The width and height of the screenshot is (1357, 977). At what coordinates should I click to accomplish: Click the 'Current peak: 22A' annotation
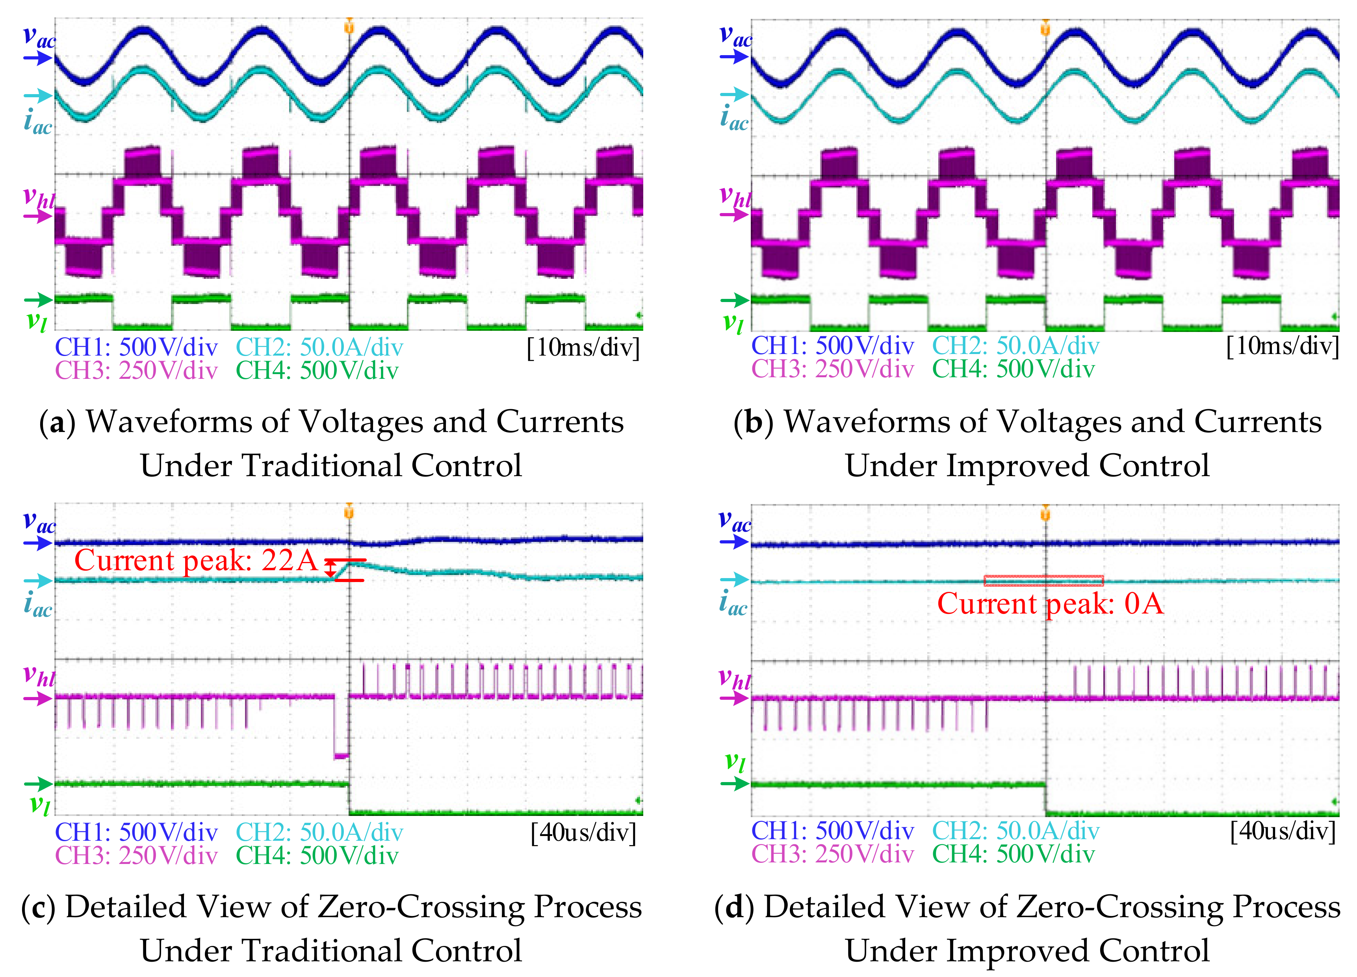(x=196, y=561)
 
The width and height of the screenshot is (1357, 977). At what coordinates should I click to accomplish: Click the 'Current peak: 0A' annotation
(x=1050, y=603)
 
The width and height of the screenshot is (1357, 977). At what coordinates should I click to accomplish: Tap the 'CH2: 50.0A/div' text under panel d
(x=1015, y=831)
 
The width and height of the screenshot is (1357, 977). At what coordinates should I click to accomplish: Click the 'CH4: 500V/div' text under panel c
(x=317, y=856)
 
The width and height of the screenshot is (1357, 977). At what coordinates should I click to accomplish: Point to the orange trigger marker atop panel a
(x=349, y=26)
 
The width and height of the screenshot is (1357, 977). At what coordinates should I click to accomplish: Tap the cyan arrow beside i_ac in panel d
(x=733, y=579)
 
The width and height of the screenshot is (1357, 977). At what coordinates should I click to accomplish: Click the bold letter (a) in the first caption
(x=57, y=423)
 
